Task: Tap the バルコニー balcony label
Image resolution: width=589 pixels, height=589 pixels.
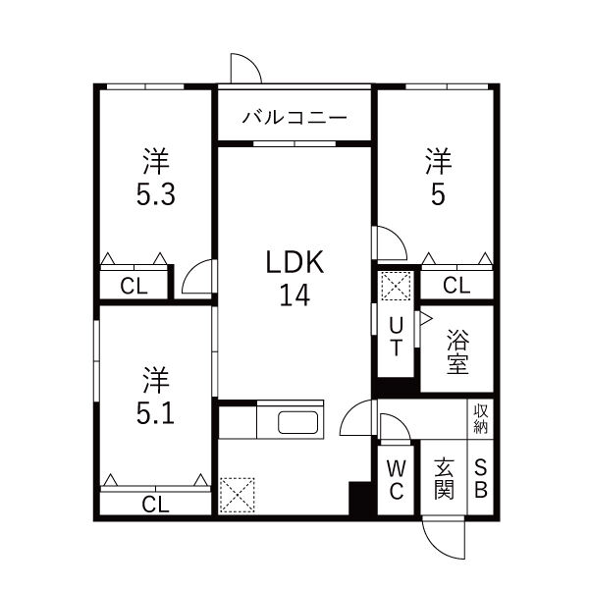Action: pos(294,117)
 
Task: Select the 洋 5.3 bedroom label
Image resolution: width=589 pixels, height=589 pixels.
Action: pos(155,176)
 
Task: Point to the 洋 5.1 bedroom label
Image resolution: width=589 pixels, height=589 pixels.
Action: pos(155,396)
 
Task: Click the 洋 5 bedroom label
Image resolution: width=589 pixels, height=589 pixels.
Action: pos(437,176)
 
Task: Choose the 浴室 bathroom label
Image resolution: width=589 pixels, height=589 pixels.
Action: pos(457,352)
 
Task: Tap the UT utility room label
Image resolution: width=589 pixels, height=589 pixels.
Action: pos(396,335)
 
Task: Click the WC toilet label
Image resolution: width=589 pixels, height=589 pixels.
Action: pos(396,479)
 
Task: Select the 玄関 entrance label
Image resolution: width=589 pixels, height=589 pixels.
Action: pos(444,479)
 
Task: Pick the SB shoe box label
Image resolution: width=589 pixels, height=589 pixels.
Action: pos(481,479)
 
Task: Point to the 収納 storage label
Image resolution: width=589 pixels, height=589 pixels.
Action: pos(481,419)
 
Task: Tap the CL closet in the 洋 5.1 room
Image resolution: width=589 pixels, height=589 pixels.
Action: pos(154,505)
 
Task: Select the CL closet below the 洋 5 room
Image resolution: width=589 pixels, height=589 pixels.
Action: pos(455,286)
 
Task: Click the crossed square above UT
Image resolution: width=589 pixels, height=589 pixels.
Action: pos(395,287)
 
